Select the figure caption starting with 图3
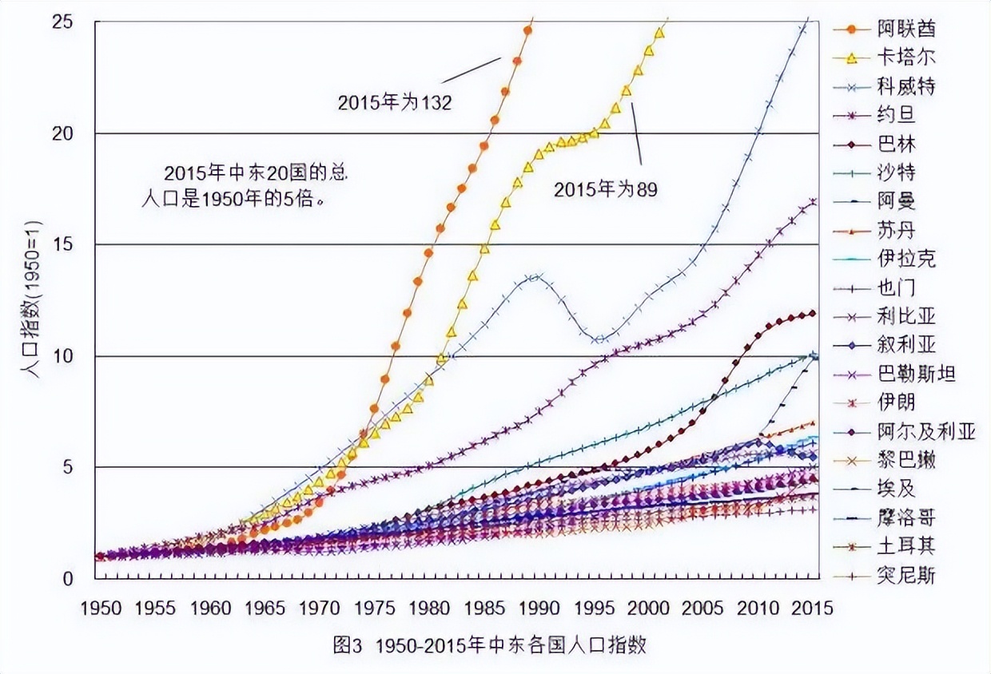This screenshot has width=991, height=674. [489, 645]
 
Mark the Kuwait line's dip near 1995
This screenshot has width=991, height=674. [599, 339]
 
